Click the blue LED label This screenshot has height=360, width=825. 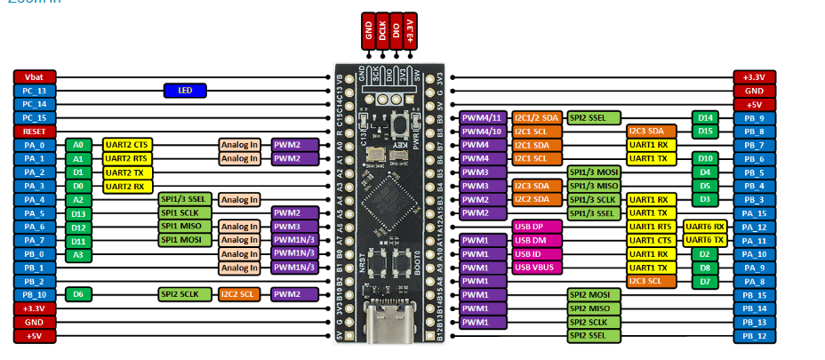click(x=185, y=90)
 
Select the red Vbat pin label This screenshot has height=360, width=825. click(x=36, y=76)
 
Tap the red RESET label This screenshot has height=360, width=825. click(x=36, y=131)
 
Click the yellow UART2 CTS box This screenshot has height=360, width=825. click(x=127, y=145)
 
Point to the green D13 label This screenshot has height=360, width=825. click(x=79, y=213)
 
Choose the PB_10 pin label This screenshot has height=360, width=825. click(x=36, y=294)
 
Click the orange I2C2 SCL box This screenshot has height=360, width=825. click(x=238, y=294)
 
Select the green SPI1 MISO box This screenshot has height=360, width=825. click(x=185, y=227)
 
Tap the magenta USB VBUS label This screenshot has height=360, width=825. click(x=535, y=268)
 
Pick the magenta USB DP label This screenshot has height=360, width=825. click(x=535, y=227)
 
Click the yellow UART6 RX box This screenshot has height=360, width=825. click(x=704, y=227)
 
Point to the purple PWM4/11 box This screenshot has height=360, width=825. click(x=483, y=117)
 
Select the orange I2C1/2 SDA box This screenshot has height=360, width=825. click(x=536, y=117)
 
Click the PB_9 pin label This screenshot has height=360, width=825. click(x=755, y=117)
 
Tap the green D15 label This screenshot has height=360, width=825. click(x=704, y=131)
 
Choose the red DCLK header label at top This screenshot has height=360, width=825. click(x=382, y=32)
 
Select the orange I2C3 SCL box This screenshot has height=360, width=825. click(x=650, y=281)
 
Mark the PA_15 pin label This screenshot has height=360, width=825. click(x=755, y=213)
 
